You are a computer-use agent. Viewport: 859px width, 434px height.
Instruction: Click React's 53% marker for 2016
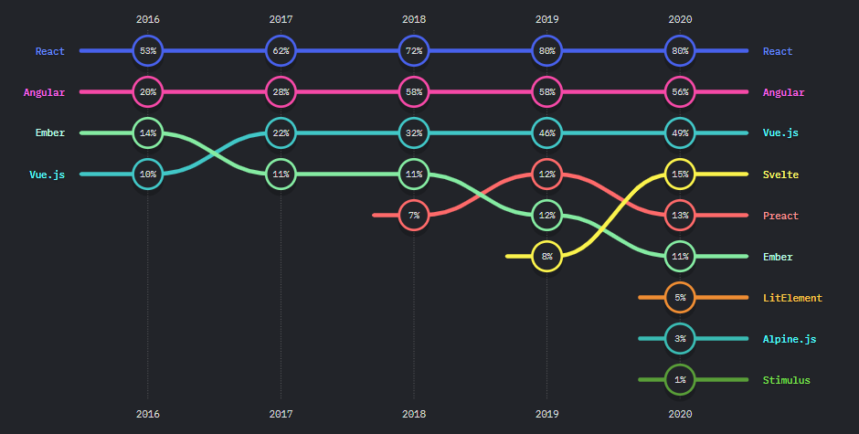tap(147, 51)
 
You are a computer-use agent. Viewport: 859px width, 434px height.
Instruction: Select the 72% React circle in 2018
tap(414, 51)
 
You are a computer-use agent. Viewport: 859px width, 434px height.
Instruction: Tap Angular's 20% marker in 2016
tap(147, 92)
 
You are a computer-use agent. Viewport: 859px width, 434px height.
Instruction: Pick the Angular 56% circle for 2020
tap(680, 92)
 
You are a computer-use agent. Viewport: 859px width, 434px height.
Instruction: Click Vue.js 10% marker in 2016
tap(147, 174)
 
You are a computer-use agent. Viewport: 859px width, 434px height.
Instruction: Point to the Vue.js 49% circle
tap(680, 133)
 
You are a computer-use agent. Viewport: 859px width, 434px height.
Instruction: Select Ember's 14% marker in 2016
tap(147, 133)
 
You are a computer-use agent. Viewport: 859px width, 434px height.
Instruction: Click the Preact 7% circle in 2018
tap(414, 216)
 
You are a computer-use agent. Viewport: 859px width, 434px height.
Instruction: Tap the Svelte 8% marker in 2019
tap(546, 257)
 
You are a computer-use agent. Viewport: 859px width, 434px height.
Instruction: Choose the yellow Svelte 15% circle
tap(680, 174)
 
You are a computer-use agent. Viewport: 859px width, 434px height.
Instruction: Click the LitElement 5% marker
tap(680, 298)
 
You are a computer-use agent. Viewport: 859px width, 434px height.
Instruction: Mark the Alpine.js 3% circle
tap(680, 339)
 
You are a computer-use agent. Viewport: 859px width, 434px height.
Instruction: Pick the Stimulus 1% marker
tap(680, 380)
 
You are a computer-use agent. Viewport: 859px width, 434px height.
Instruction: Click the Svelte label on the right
tap(780, 175)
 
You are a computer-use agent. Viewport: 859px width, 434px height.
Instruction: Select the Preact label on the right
tap(780, 216)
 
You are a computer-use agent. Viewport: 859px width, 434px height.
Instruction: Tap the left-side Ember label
tap(49, 133)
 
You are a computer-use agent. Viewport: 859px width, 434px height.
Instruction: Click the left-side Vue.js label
tap(47, 175)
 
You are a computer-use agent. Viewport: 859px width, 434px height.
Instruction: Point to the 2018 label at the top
tap(414, 18)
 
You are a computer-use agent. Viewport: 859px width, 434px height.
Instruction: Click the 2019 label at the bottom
tap(546, 414)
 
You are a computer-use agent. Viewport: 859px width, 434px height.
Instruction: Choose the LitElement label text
tap(792, 298)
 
